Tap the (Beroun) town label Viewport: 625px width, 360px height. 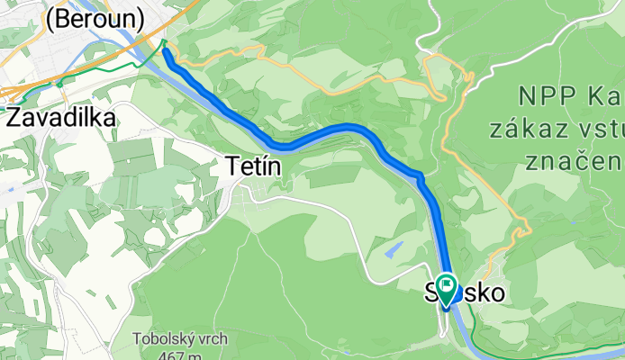click(94, 17)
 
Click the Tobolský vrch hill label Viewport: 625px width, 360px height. click(179, 339)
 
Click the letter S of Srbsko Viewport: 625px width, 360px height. click(430, 293)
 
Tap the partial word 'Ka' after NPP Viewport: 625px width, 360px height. click(603, 94)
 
